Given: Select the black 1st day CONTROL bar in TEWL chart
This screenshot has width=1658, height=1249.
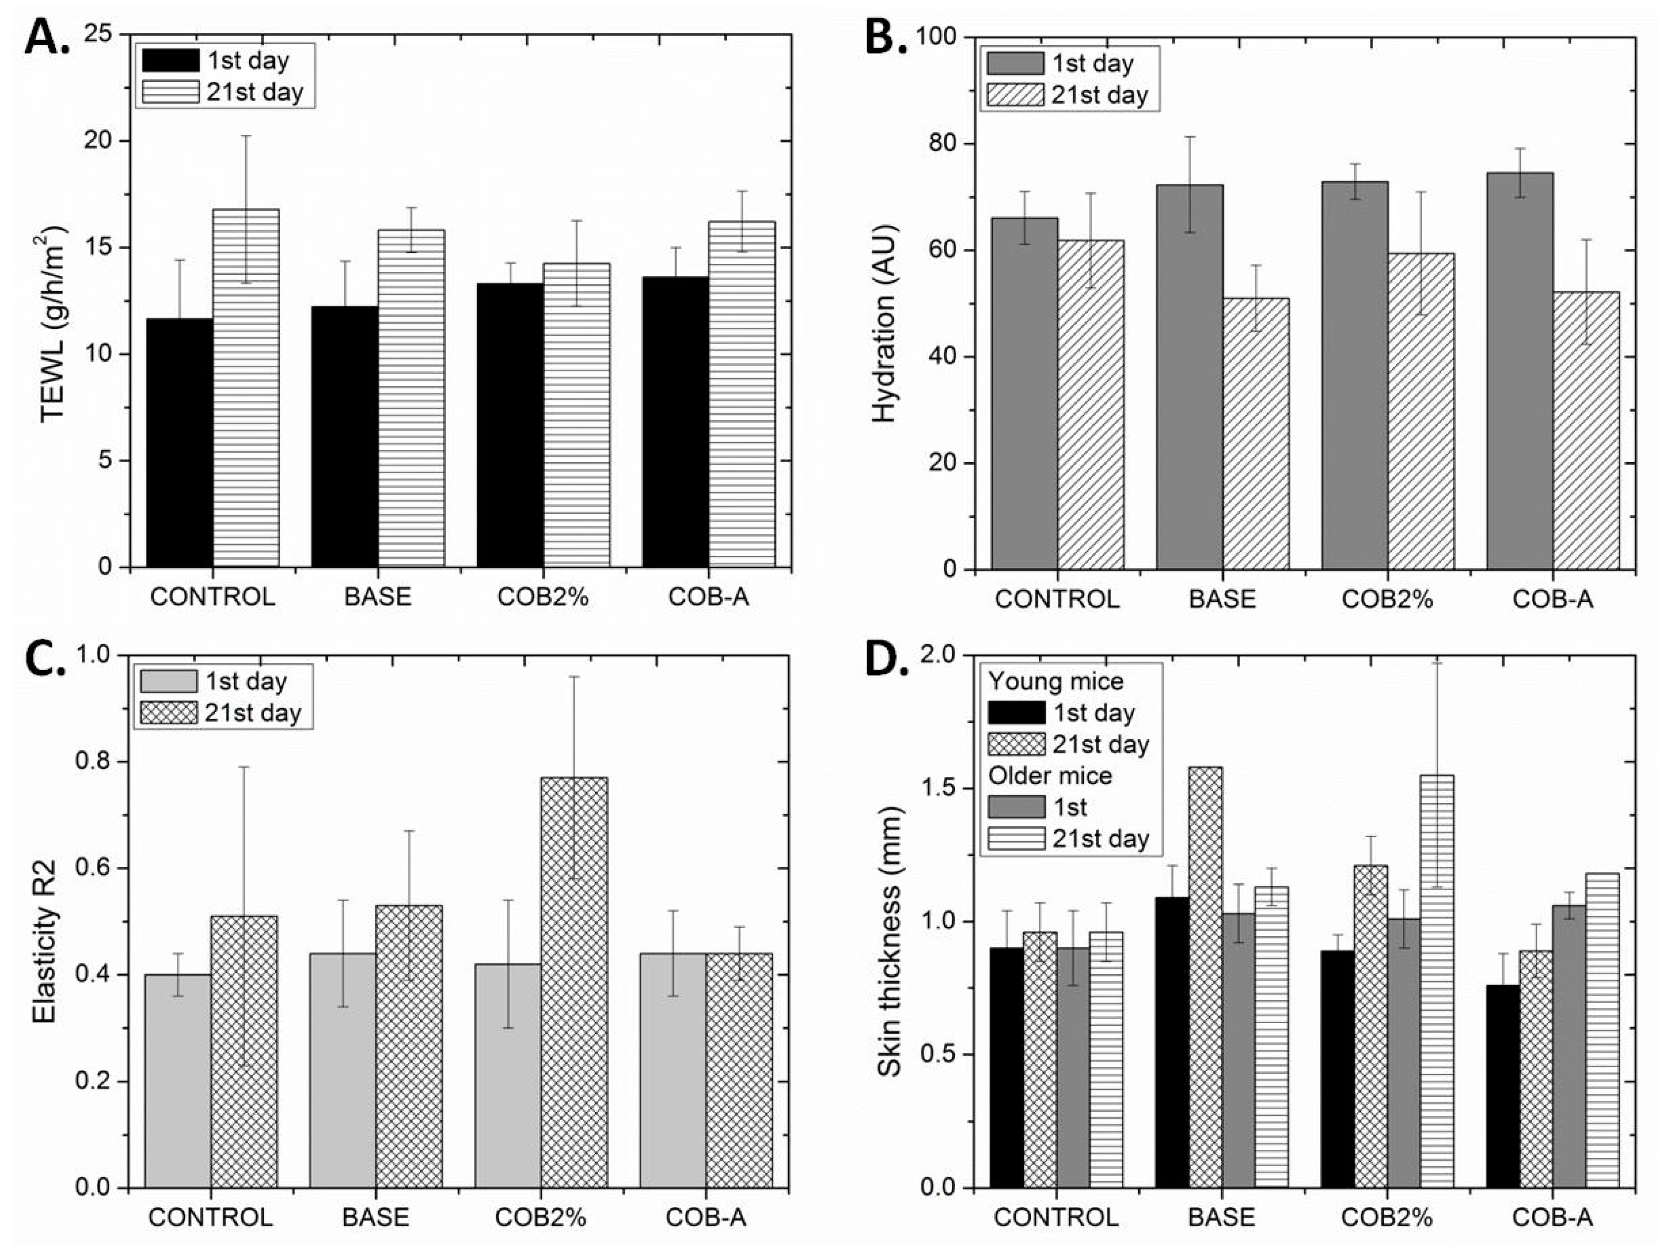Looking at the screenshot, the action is click(x=180, y=443).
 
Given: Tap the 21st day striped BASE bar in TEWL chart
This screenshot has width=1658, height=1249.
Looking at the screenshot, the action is click(x=411, y=398).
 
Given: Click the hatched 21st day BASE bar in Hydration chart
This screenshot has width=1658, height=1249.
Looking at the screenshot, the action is click(x=1256, y=433).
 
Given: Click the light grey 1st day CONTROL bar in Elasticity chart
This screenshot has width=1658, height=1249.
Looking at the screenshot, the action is click(x=178, y=1081).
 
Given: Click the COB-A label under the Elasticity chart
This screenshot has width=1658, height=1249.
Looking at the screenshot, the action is click(x=706, y=1217).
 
